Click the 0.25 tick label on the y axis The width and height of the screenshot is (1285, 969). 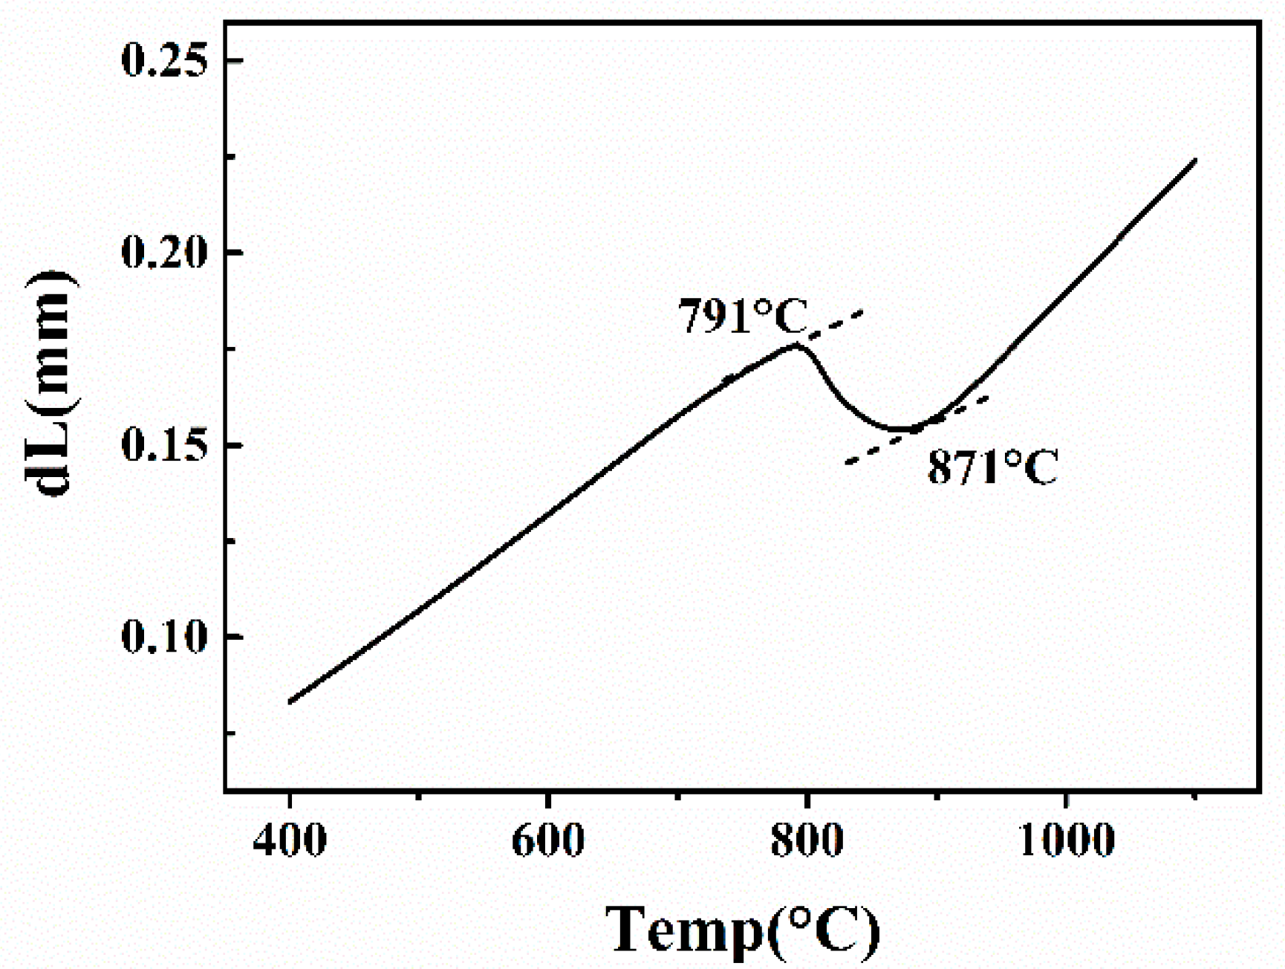pos(163,60)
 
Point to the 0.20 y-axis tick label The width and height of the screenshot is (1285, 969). pos(163,253)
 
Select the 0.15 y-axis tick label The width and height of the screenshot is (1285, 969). pos(163,446)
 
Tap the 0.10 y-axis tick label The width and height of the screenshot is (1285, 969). pos(163,638)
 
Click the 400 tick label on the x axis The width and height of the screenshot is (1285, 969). pos(289,840)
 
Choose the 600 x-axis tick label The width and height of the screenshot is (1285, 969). pos(547,840)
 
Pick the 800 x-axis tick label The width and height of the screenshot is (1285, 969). pos(807,840)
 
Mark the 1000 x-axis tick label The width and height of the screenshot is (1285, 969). pos(1066,840)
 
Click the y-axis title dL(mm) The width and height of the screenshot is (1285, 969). pos(51,383)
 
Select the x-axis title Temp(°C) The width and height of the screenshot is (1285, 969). pos(743,929)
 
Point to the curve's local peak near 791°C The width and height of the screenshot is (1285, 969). pos(796,345)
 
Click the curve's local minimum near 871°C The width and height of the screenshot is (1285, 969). pos(902,429)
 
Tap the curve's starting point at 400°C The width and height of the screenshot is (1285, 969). pos(290,701)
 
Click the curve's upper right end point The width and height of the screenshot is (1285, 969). pos(1195,160)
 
